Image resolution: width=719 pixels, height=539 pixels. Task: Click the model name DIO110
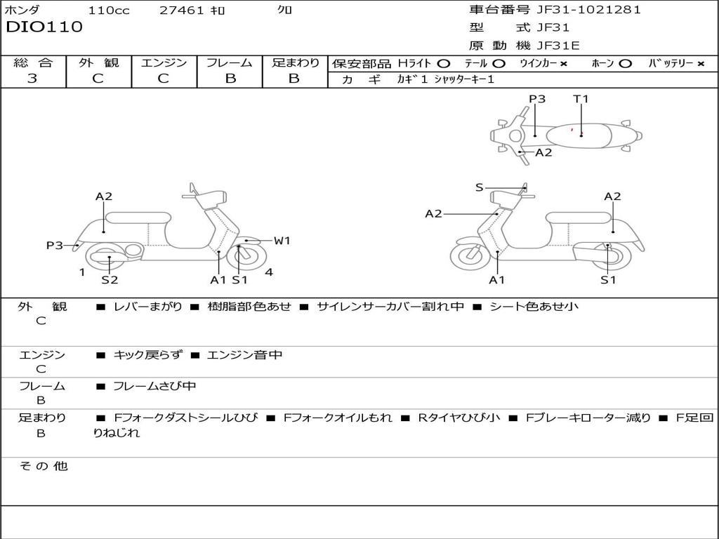coord(44,27)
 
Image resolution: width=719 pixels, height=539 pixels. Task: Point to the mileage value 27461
coord(182,10)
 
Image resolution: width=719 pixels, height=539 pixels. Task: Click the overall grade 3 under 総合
coord(32,78)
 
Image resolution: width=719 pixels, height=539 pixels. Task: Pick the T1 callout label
coord(581,99)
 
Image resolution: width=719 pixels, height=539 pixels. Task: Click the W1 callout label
coord(282,241)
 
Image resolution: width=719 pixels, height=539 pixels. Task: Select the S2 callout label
coord(110,280)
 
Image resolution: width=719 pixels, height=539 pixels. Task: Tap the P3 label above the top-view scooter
coord(537,99)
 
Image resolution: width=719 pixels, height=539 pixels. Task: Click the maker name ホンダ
coord(22,10)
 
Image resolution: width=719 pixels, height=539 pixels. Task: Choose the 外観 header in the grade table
coord(98,62)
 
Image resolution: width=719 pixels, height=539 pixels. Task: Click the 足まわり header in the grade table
coord(295,62)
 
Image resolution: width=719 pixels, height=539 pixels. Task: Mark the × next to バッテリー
coord(700,63)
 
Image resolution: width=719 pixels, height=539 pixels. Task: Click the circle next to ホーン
coord(626,63)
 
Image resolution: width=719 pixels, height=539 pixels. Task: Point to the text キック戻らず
coord(147,355)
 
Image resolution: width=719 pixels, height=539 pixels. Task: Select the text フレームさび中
coord(154,386)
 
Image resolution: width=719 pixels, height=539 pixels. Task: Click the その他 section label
coord(43,466)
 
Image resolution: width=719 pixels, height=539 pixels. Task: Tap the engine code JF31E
coord(558,46)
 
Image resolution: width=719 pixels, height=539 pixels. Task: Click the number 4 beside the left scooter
coord(269,272)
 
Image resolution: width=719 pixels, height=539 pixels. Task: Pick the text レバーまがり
coord(147,307)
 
